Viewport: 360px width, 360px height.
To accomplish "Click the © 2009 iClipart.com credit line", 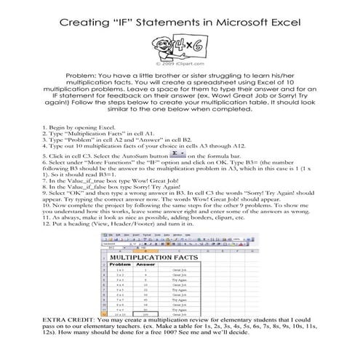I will click(180, 64).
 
